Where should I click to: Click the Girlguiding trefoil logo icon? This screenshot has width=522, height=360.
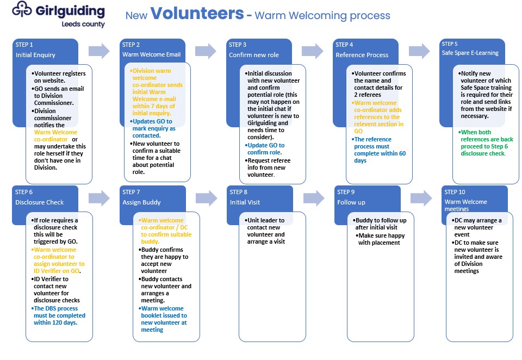click(x=22, y=10)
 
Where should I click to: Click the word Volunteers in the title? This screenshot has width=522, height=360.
click(x=197, y=13)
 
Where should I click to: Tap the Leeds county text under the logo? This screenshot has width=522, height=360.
click(x=83, y=24)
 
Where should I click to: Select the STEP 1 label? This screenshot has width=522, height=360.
click(x=24, y=45)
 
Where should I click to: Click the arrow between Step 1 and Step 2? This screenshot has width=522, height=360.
click(x=99, y=51)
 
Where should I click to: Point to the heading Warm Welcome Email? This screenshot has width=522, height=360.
click(x=152, y=54)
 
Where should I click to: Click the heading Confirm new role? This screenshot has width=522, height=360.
click(x=254, y=55)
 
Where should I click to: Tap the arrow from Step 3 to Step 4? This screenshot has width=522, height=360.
click(x=312, y=51)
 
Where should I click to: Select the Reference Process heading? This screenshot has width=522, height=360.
click(x=362, y=55)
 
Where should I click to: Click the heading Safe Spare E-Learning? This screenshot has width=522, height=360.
click(x=470, y=53)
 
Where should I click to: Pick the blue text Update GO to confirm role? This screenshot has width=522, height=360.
click(x=265, y=149)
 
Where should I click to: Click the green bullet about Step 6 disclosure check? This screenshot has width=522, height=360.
click(x=486, y=143)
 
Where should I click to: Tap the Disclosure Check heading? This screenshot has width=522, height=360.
click(x=39, y=202)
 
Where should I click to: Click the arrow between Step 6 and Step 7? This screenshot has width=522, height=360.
click(x=99, y=198)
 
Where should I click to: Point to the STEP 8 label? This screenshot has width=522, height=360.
click(x=238, y=192)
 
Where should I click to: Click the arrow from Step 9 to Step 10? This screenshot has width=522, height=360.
click(x=421, y=198)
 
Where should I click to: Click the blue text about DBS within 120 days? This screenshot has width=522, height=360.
click(x=58, y=315)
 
